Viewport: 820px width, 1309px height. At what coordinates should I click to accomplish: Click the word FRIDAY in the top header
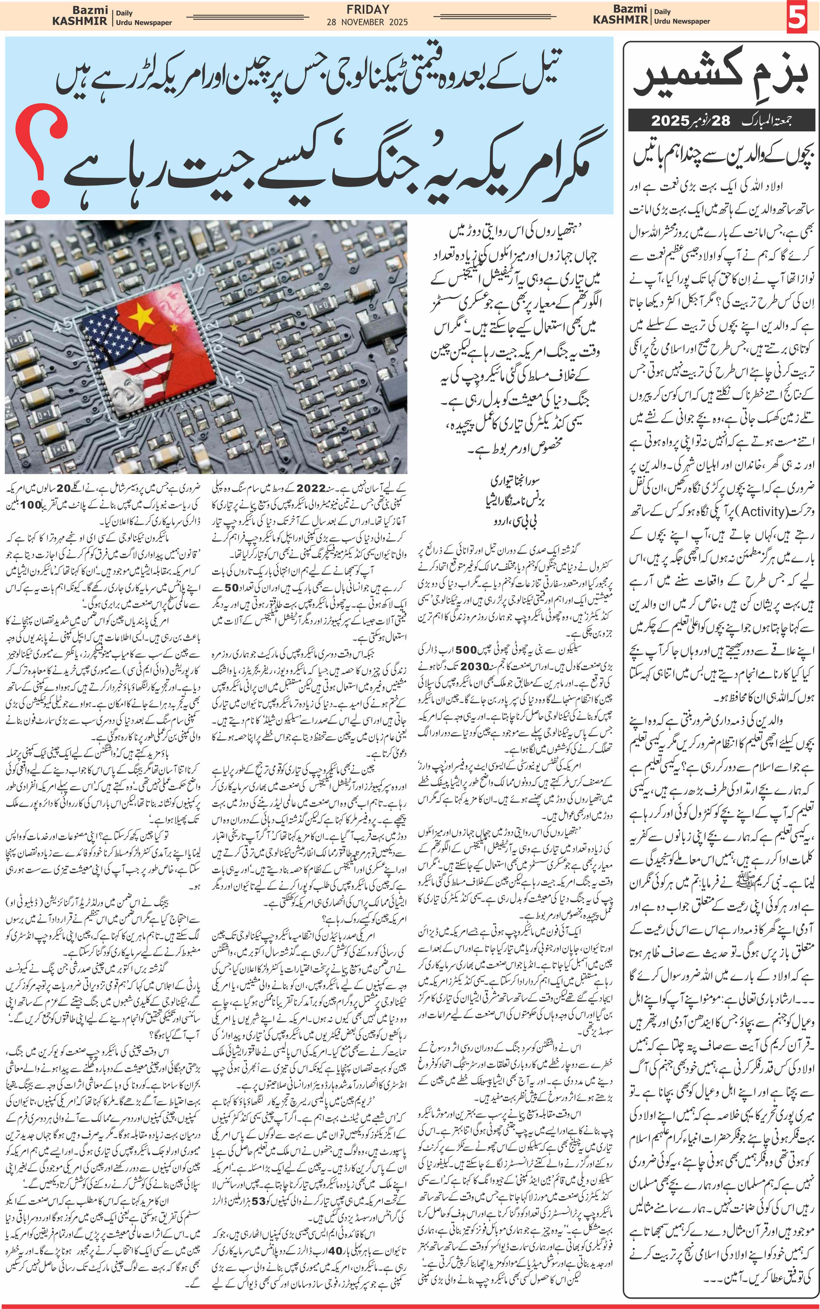click(368, 9)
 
